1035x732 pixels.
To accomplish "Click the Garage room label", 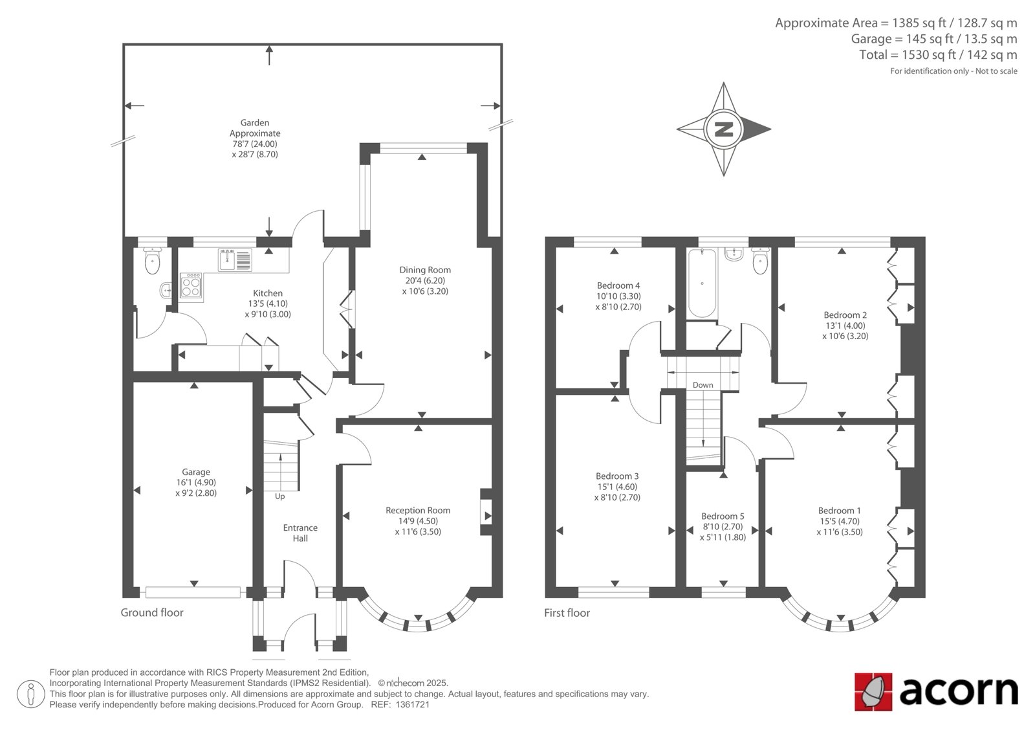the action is pyautogui.click(x=196, y=472).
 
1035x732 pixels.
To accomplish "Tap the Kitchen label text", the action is pyautogui.click(x=268, y=293).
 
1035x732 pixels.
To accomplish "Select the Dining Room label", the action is pyautogui.click(x=425, y=270).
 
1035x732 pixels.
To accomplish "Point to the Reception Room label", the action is pyautogui.click(x=418, y=511).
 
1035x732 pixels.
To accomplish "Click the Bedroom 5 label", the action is pyautogui.click(x=723, y=516).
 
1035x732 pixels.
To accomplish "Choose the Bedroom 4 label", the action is pyautogui.click(x=618, y=285).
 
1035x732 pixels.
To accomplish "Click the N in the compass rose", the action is pyautogui.click(x=724, y=129).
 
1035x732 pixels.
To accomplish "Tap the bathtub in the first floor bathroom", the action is pyautogui.click(x=702, y=283).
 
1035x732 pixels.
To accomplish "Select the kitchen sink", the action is pyautogui.click(x=235, y=260).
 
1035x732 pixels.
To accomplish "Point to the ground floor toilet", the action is pyautogui.click(x=152, y=261).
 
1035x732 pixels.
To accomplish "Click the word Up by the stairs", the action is pyautogui.click(x=279, y=496).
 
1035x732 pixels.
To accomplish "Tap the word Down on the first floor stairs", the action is pyautogui.click(x=703, y=385).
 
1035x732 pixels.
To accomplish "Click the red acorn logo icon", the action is pyautogui.click(x=873, y=692).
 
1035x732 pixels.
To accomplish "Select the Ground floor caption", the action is pyautogui.click(x=152, y=613).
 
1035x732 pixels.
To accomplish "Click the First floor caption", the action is pyautogui.click(x=567, y=613).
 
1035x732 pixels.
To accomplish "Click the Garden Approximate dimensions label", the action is pyautogui.click(x=255, y=139).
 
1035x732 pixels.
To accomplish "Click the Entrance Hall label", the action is pyautogui.click(x=300, y=533).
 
